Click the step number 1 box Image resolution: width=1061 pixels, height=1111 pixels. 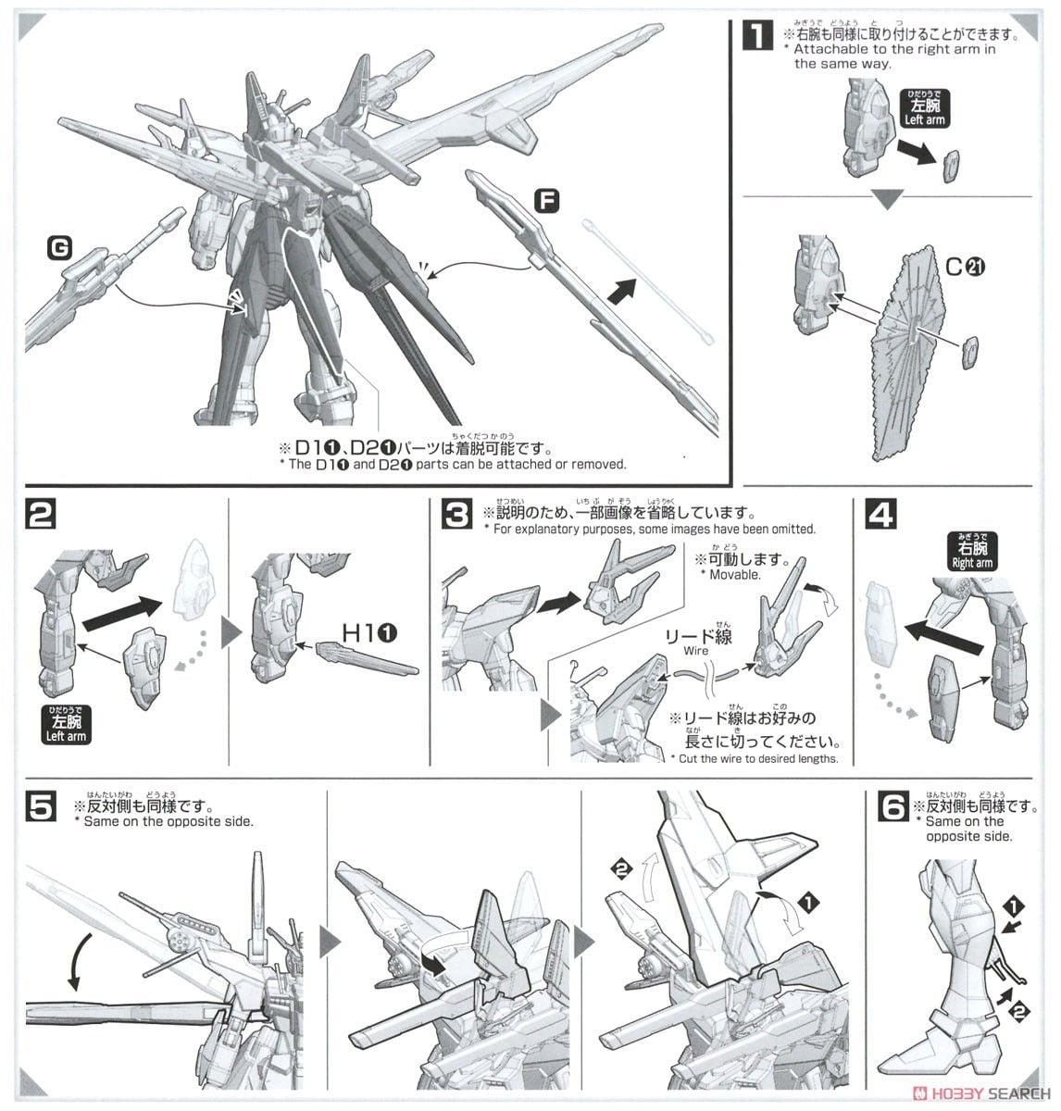point(757,36)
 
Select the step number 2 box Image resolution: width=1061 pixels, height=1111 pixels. point(40,516)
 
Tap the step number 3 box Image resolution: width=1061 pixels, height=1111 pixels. point(455,515)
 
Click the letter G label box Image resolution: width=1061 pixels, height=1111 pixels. point(61,247)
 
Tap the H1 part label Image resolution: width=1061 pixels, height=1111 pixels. point(370,632)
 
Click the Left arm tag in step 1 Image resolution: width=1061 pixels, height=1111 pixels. point(923,108)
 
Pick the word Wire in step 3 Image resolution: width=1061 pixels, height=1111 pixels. point(697,651)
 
